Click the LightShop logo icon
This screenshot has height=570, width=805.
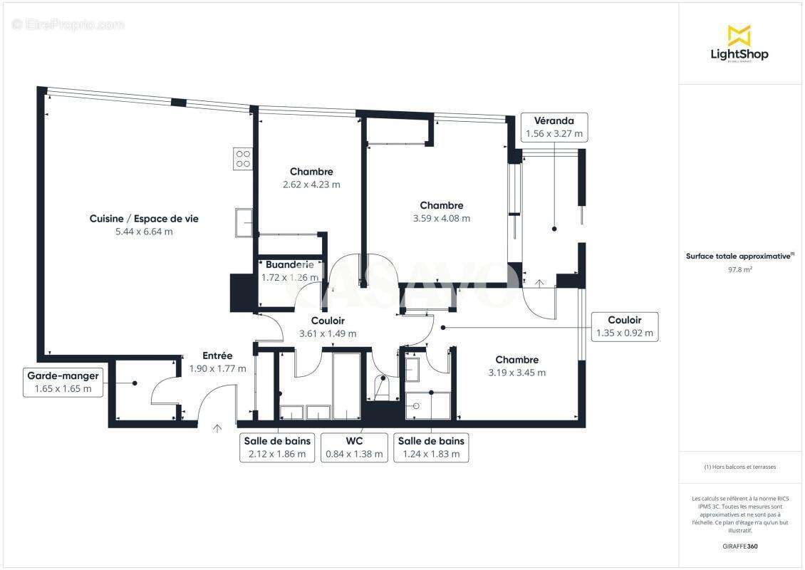pos(739,36)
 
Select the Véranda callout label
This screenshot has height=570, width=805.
pos(554,127)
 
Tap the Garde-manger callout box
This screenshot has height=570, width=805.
pos(63,382)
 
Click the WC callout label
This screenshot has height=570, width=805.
pos(354,447)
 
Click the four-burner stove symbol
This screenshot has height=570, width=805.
pos(243,158)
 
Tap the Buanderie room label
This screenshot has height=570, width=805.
pos(289,265)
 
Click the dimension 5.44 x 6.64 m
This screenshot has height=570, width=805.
pos(144,232)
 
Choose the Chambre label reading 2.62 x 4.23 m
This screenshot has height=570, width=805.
pos(311,177)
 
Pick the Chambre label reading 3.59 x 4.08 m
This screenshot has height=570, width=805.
pos(442,212)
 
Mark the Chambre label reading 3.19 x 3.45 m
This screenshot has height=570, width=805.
pos(517,366)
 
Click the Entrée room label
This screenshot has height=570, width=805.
pos(217,356)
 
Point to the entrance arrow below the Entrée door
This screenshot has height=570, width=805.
pos(217,428)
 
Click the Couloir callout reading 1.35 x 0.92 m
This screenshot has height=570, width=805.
pos(624,326)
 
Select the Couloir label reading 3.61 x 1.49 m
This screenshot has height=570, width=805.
pos(328,327)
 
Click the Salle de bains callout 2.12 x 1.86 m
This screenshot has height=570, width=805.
pos(277,447)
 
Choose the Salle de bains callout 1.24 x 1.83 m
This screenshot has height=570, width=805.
pos(431,447)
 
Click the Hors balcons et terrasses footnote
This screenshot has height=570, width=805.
pos(741,467)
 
